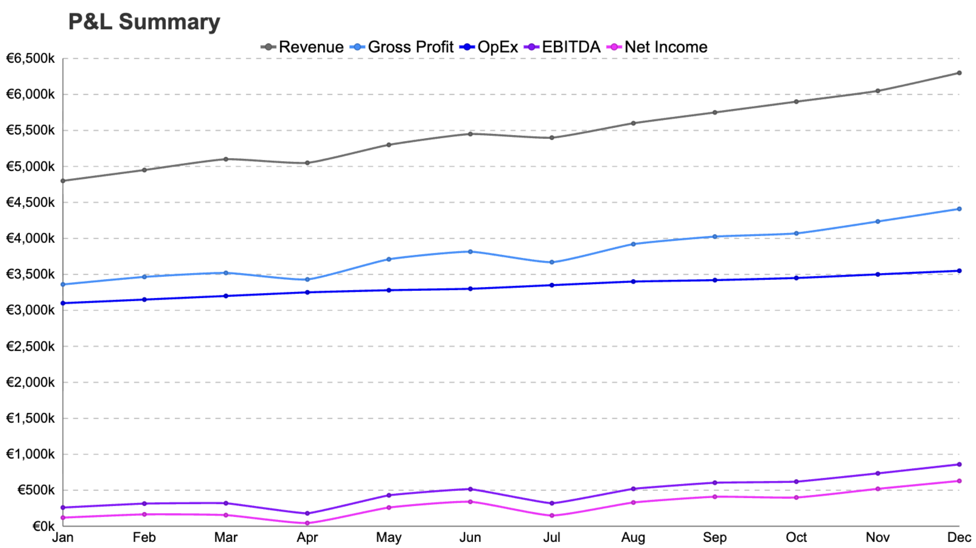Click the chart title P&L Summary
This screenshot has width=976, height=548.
coord(144,22)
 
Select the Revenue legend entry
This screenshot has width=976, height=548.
coord(302,47)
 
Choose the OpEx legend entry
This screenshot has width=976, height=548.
coord(489,47)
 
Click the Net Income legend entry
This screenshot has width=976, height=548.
coord(657,47)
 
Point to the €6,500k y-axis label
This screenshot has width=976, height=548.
coord(30,58)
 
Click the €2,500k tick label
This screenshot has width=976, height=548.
coord(30,346)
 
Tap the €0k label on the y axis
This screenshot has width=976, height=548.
coord(43,526)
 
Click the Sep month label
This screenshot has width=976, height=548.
coord(714,537)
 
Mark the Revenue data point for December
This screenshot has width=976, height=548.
coord(959,73)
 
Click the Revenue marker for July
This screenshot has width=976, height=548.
coord(552,138)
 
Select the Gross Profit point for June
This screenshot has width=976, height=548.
coord(470,251)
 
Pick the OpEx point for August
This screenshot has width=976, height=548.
coord(633,281)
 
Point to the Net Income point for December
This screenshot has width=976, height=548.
coord(959,481)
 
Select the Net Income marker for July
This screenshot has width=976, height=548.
coord(552,515)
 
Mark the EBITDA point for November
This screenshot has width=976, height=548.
coord(877,473)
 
